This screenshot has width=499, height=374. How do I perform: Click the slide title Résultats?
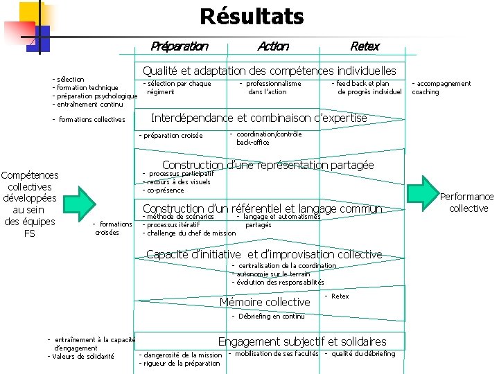pos(252,16)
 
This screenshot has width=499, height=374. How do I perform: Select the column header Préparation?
pos(180,46)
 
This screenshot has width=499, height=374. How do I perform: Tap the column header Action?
pos(272,46)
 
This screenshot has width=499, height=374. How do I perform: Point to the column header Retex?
pos(365,46)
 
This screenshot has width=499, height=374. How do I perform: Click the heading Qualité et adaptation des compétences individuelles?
pos(270,71)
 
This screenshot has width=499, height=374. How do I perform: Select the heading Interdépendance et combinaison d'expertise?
pos(259,118)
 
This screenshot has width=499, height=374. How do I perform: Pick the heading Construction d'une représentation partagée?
pos(268,165)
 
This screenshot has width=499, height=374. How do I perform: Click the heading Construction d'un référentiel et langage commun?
pos(262,208)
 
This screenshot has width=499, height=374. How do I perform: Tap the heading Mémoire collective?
pos(265,302)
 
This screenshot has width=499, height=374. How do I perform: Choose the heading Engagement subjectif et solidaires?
pos(302,341)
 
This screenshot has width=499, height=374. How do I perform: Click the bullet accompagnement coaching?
pos(441,88)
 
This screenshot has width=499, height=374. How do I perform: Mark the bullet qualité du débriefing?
pos(360,354)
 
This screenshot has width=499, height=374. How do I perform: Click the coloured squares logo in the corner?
pos(26,26)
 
